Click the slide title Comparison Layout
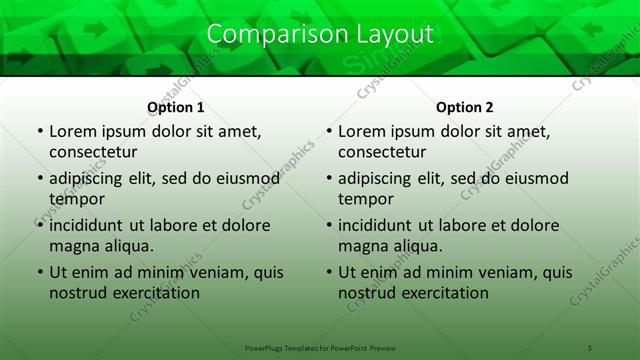click(320, 34)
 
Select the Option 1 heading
click(176, 107)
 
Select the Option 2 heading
click(465, 107)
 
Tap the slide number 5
click(590, 347)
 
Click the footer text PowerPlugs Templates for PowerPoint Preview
click(320, 347)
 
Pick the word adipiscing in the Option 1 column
click(87, 179)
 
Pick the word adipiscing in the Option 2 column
click(376, 179)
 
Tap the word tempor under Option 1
click(76, 199)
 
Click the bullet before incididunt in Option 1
click(40, 225)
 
